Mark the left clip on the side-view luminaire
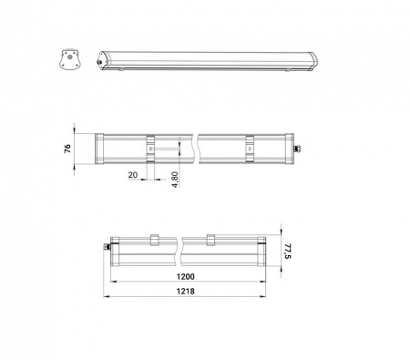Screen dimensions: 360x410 tap(153, 241)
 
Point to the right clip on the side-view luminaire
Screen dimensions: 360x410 tap(211, 241)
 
